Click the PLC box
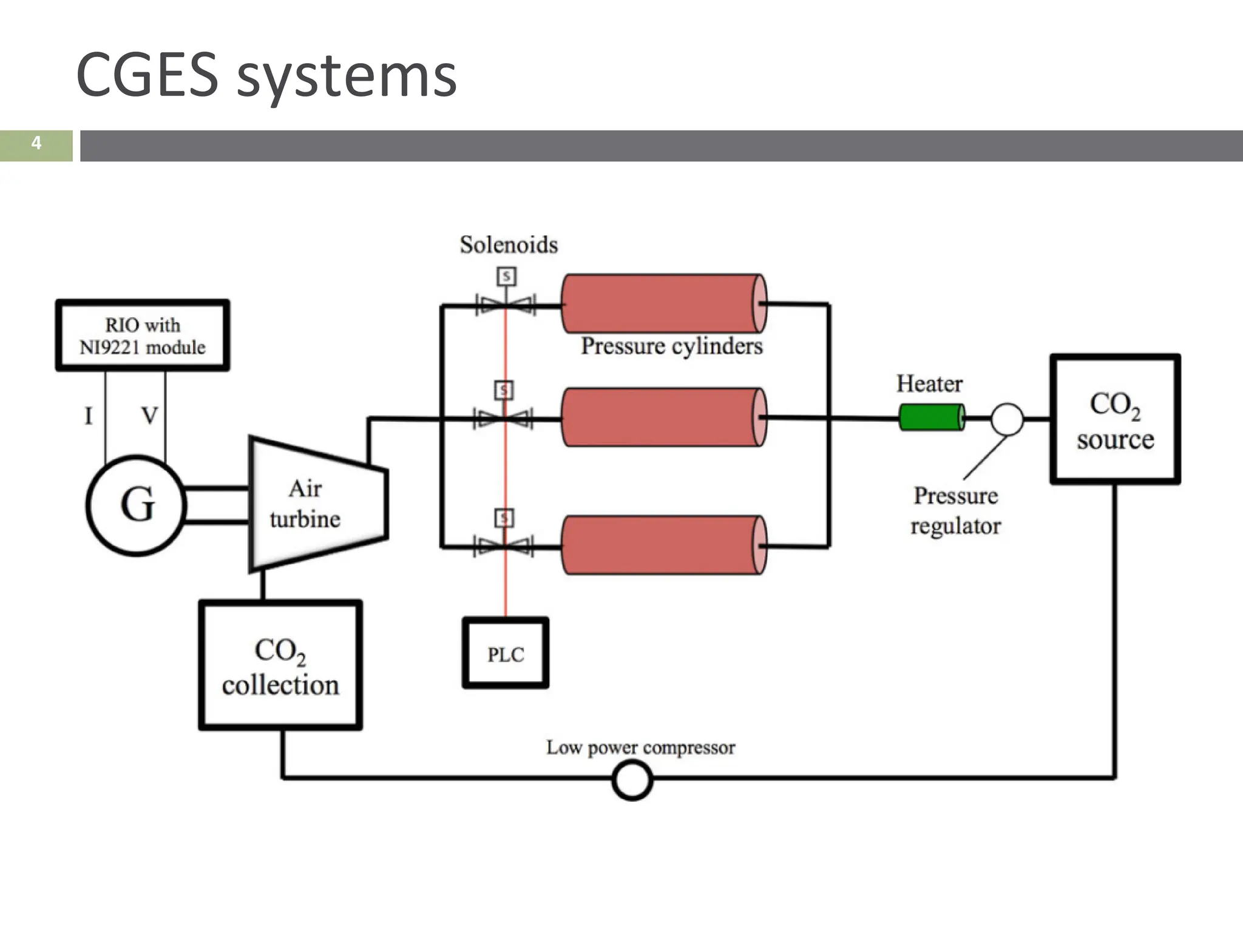click(x=506, y=653)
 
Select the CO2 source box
click(x=1115, y=419)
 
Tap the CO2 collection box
click(x=280, y=666)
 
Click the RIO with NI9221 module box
click(x=143, y=336)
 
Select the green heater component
click(x=931, y=418)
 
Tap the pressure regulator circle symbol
click(x=1007, y=419)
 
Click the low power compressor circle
click(x=632, y=780)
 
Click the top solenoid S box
click(x=506, y=277)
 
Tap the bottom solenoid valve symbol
click(x=504, y=546)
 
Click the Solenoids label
click(x=509, y=245)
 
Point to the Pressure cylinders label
click(x=671, y=346)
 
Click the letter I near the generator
click(x=89, y=416)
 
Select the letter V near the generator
click(x=149, y=416)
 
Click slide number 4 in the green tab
click(x=36, y=144)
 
